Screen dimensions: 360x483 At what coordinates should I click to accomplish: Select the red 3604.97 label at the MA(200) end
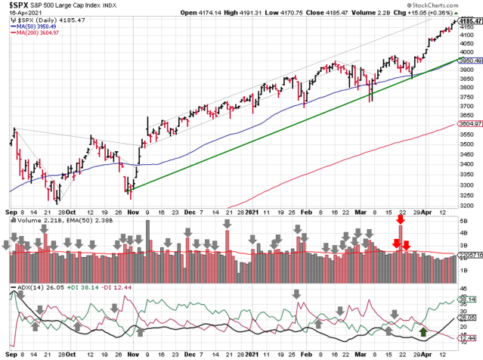[468, 123]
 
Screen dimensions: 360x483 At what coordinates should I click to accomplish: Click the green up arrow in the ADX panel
[423, 331]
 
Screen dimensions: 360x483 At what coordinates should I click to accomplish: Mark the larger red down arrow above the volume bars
[395, 242]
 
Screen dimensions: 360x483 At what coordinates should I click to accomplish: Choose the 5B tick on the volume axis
[463, 220]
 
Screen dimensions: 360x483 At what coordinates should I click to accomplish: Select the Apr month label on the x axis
[428, 212]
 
